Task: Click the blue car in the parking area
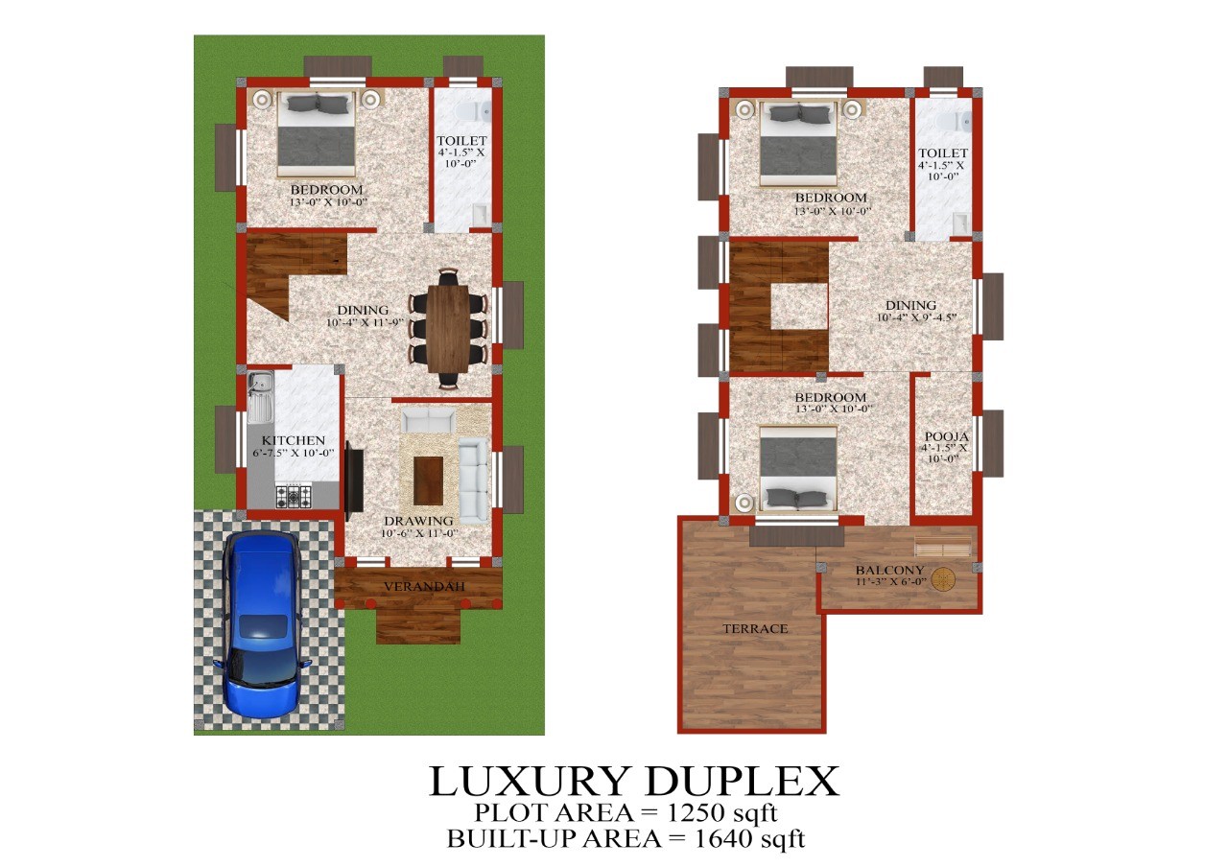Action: coord(262,623)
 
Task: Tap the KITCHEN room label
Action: coord(294,440)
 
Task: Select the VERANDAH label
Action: coord(424,586)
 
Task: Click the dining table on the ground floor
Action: coord(448,329)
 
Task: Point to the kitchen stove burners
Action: coord(294,497)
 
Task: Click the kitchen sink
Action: coord(260,397)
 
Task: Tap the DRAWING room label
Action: coord(418,521)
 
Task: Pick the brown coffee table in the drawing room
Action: coord(428,480)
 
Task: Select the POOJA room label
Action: coord(946,436)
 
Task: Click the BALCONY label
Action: coord(889,570)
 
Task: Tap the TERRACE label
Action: coord(755,628)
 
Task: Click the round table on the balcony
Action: coord(943,579)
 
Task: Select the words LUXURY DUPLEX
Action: coord(634,781)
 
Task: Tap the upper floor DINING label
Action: coord(910,305)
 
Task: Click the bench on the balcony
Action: coord(943,548)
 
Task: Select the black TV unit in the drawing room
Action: coord(354,480)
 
